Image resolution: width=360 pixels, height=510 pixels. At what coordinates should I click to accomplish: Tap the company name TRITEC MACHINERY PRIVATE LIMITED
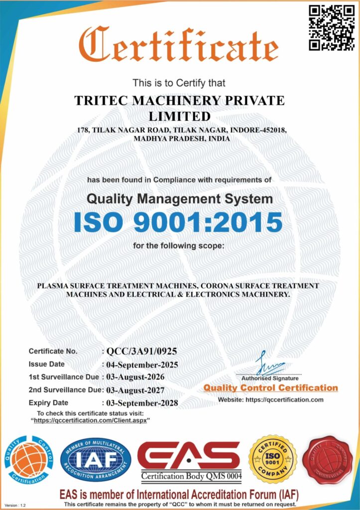pos(180,108)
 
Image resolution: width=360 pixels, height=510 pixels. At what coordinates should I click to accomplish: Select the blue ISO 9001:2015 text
pos(178,223)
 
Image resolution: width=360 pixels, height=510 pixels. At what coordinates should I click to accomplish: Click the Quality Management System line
pos(180,199)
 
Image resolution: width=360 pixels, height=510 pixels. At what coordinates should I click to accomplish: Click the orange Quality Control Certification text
pos(270,388)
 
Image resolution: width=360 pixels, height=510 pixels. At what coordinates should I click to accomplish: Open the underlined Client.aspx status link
pos(92,420)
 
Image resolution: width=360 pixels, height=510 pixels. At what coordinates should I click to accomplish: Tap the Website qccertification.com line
pos(270,400)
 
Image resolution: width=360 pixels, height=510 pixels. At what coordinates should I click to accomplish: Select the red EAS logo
pos(189,456)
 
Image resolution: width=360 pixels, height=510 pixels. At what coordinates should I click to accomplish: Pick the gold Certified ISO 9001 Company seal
pos(272,459)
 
